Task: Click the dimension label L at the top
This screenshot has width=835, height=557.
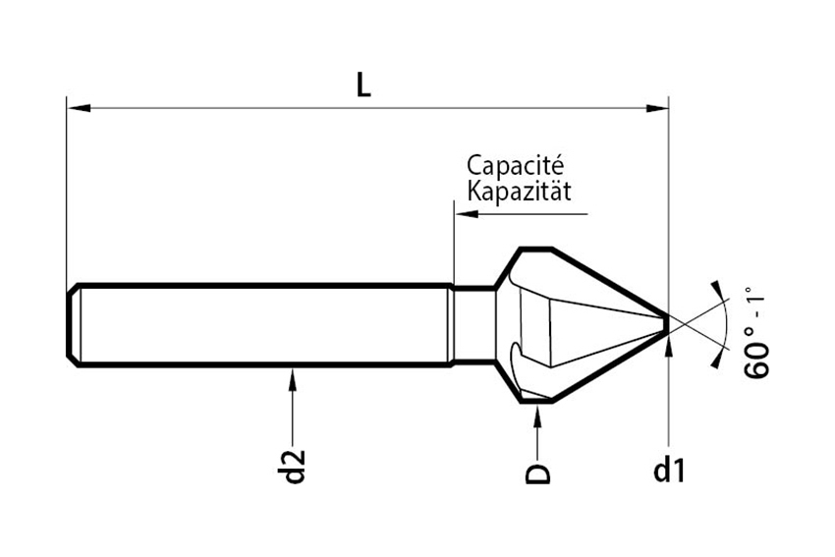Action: pyautogui.click(x=363, y=85)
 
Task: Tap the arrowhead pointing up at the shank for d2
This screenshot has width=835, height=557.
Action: pyautogui.click(x=293, y=376)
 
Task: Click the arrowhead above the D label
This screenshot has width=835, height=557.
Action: pyautogui.click(x=537, y=412)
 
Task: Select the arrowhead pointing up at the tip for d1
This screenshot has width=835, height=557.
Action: pyautogui.click(x=668, y=339)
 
